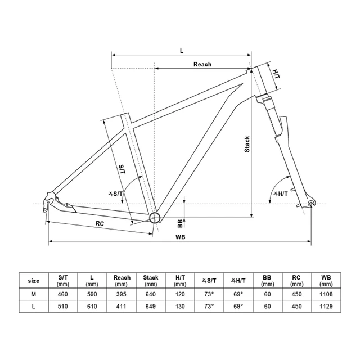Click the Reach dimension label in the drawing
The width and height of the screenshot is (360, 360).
(x=202, y=64)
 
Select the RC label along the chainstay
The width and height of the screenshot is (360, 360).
(x=100, y=223)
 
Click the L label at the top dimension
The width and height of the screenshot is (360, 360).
(x=181, y=50)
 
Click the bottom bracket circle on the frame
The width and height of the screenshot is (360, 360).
(x=154, y=218)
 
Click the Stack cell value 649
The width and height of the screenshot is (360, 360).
(x=151, y=306)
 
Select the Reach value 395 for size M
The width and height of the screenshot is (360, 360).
(x=122, y=294)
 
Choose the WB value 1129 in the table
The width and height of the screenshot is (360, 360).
(x=326, y=306)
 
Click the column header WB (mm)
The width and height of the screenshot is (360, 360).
(x=326, y=280)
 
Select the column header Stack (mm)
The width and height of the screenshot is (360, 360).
(x=151, y=280)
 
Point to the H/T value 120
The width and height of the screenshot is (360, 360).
(x=180, y=294)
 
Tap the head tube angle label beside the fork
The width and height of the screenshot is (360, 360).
(x=280, y=194)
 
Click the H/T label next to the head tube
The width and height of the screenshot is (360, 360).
(x=276, y=73)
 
